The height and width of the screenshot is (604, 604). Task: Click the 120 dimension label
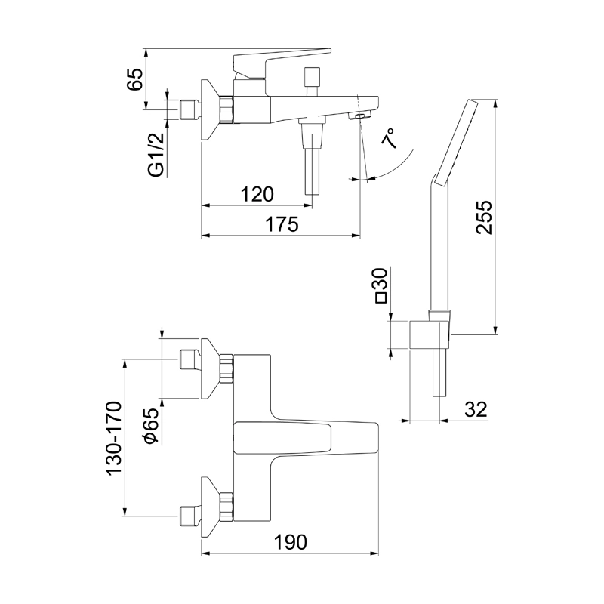[257, 194]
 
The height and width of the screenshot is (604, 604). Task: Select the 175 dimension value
[282, 224]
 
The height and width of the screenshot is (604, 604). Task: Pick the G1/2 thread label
[156, 156]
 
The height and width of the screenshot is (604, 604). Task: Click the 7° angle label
[390, 140]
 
